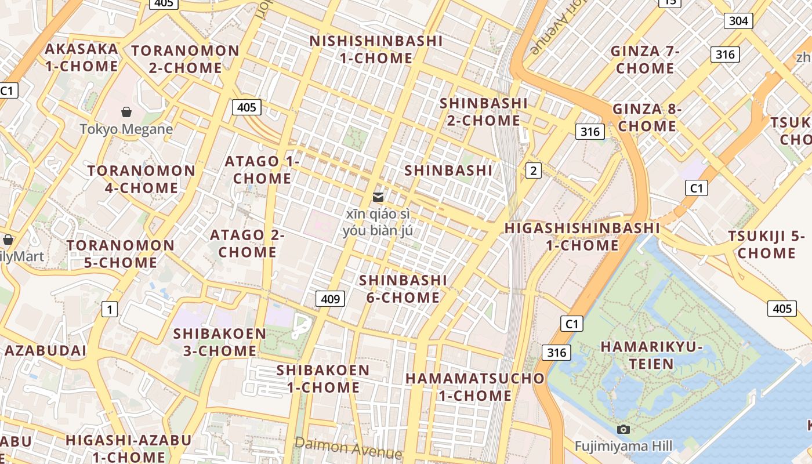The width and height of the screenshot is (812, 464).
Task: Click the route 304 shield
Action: coord(738,21)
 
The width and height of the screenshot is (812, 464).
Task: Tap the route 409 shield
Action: coord(330,299)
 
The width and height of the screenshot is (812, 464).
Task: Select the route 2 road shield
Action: coord(533,171)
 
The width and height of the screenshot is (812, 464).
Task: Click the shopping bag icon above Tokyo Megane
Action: coord(126,112)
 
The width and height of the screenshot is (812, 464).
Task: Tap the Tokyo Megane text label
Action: coord(126,129)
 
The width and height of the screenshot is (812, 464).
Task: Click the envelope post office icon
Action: coord(378,197)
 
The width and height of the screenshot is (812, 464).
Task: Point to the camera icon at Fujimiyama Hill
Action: coord(623,429)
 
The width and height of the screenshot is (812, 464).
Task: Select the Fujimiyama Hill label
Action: coord(623,446)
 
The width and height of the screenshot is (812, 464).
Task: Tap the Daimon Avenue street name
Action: coord(348,448)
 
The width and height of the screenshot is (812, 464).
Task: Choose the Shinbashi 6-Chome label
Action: coord(403,289)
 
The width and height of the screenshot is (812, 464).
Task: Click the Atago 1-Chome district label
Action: coord(262,170)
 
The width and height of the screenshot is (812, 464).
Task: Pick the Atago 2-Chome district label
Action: coord(247,244)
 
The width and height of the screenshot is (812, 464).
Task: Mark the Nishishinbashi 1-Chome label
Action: coord(376,50)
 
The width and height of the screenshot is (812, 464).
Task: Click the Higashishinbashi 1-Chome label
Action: coord(582,237)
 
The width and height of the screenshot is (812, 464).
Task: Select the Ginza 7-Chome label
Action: coord(645,60)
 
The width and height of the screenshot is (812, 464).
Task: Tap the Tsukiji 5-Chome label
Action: coord(766,245)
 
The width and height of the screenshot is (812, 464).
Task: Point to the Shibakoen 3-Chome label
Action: coord(220,342)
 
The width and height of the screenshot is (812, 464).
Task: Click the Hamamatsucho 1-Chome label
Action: coord(475,387)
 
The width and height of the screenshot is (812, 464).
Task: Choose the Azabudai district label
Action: coord(45,351)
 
